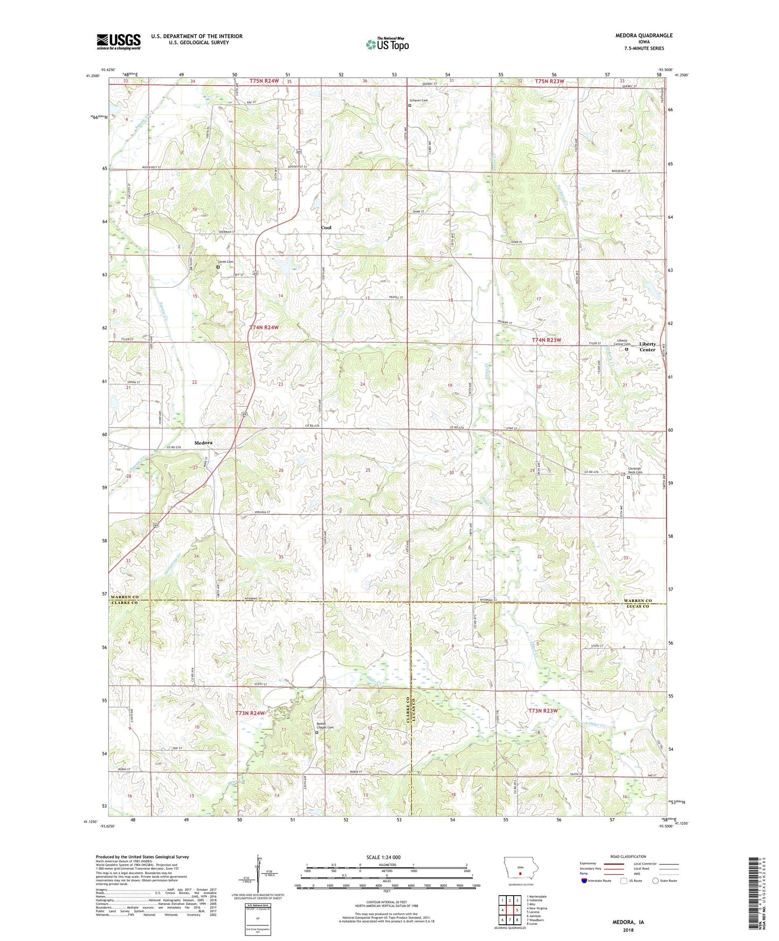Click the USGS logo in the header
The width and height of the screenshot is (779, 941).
118,41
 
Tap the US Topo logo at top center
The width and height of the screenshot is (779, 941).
387,44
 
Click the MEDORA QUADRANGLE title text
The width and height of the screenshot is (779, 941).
644,36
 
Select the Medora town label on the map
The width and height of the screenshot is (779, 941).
203,442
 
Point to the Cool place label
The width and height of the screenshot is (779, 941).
326,227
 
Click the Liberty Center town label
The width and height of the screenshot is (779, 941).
647,347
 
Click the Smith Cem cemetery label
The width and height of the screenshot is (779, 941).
225,262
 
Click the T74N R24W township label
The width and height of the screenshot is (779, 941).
264,327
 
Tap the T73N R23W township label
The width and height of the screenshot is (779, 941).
542,710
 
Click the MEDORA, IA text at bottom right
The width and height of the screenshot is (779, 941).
628,922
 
